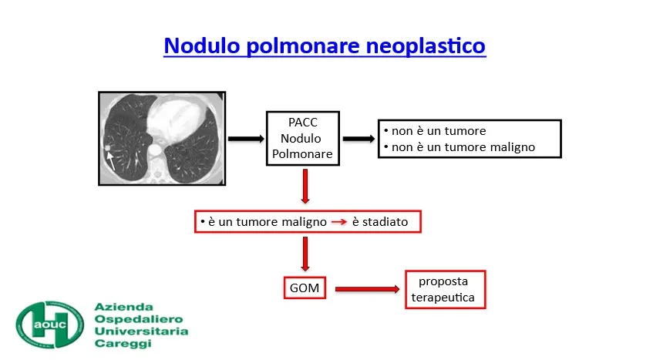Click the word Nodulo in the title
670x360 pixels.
click(202, 45)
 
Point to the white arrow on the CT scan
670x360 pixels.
click(111, 160)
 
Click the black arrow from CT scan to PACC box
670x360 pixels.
click(246, 139)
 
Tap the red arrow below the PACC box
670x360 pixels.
click(305, 187)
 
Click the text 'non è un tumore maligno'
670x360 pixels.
click(463, 147)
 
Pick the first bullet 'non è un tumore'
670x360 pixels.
click(439, 131)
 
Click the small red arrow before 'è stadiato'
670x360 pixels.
click(339, 222)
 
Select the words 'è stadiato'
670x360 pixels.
click(380, 222)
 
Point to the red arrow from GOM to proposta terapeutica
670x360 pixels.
click(368, 289)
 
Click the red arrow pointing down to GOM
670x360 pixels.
click(305, 254)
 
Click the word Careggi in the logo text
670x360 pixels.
click(123, 344)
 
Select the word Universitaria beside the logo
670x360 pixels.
click(141, 331)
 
